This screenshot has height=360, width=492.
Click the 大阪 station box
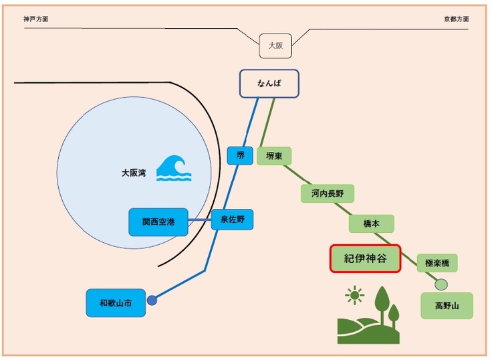(x=275, y=46)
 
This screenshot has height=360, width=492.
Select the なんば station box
(x=269, y=84)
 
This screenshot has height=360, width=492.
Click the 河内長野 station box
(x=327, y=194)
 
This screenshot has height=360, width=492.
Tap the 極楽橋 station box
(x=437, y=263)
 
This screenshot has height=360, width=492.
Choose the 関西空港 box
(x=158, y=221)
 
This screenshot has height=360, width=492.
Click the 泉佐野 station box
(x=233, y=219)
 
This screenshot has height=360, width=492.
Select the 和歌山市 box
(x=115, y=303)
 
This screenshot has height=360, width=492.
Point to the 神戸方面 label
(x=35, y=19)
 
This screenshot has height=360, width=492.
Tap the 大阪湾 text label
(x=134, y=173)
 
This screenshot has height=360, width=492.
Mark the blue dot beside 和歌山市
(x=152, y=300)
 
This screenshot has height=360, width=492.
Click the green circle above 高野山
(x=441, y=284)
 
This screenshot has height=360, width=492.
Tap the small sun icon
(x=354, y=294)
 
